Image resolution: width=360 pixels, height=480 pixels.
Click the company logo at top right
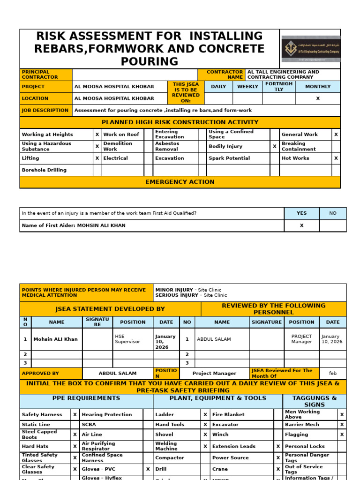click(311, 49)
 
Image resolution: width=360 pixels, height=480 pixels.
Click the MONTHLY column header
click(318, 87)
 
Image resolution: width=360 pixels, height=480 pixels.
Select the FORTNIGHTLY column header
click(279, 87)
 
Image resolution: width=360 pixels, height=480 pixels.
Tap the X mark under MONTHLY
click(318, 98)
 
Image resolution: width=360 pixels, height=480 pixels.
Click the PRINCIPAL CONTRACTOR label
click(40, 75)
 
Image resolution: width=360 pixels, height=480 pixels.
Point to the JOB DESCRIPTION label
click(45, 111)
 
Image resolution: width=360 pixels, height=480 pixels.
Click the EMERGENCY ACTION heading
click(180, 182)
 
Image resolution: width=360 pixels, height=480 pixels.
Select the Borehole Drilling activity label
click(44, 170)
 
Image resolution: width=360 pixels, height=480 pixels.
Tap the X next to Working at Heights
click(97, 135)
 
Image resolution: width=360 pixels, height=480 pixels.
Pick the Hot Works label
click(295, 158)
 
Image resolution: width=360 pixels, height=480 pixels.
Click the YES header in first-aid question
click(301, 213)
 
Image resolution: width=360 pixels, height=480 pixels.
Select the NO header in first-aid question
click(333, 213)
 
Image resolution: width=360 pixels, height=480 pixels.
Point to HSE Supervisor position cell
click(127, 339)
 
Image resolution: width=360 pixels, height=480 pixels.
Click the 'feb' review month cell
click(333, 374)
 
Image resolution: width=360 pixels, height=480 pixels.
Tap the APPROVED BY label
click(40, 374)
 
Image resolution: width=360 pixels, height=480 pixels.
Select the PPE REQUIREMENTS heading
click(86, 398)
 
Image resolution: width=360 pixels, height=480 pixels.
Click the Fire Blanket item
click(228, 415)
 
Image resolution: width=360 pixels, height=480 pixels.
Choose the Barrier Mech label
click(302, 425)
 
